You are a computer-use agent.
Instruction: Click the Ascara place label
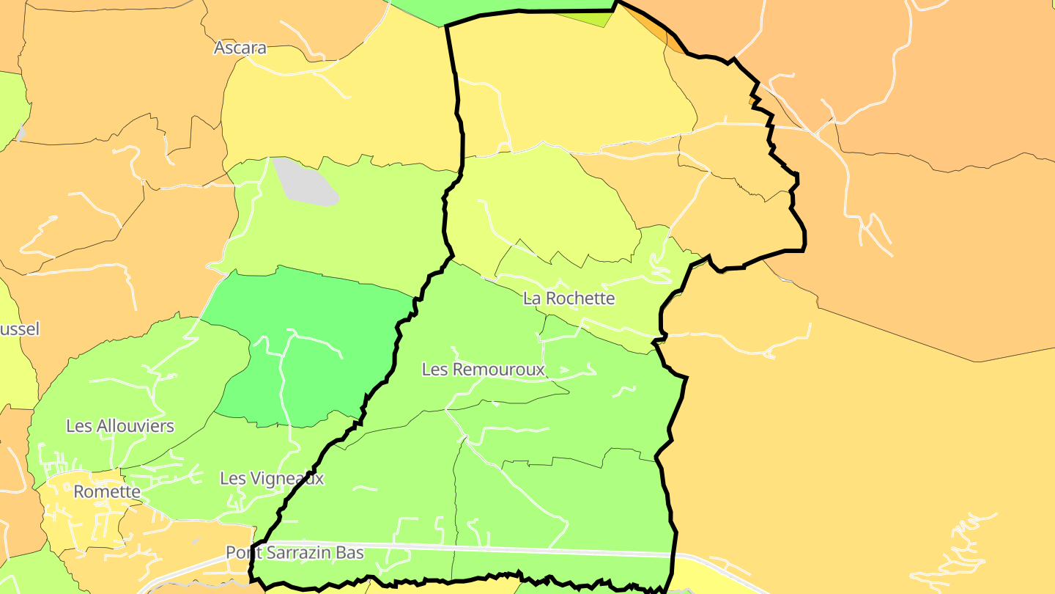point(240,48)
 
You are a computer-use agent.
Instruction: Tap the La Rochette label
point(569,298)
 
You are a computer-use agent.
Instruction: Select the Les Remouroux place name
point(484,370)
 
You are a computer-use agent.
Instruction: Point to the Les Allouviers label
point(120,426)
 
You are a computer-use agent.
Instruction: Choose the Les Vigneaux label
point(272,479)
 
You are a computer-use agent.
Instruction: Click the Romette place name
point(107,492)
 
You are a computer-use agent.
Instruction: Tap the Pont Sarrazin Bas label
point(295,553)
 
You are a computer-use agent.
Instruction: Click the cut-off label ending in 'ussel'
point(19,329)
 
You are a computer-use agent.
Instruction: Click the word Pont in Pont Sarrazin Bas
point(243,553)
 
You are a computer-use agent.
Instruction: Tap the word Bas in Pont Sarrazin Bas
point(350,553)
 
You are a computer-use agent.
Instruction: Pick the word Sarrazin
point(298,553)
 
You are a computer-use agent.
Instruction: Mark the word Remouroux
point(499,370)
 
